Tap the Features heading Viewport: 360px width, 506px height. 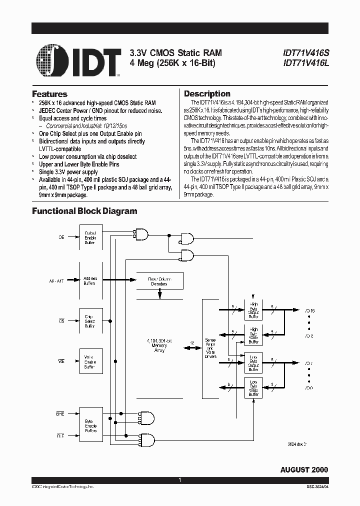tap(49, 94)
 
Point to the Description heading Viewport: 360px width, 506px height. tap(207, 94)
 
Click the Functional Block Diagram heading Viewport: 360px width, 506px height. tap(84, 211)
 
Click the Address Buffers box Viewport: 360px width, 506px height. tap(90, 280)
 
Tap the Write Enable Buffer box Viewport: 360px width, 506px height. tap(90, 361)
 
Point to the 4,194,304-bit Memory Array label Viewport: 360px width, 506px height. tap(160, 344)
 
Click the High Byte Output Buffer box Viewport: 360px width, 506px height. tap(253, 310)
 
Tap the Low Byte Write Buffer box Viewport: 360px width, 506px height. tap(253, 387)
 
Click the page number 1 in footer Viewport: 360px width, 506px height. tap(179, 480)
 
